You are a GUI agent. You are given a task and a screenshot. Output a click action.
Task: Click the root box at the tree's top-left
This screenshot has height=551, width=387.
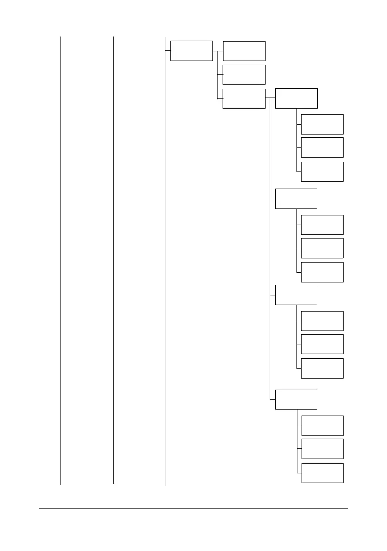(192, 50)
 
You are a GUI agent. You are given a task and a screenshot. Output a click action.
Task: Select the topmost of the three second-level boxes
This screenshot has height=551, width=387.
(244, 51)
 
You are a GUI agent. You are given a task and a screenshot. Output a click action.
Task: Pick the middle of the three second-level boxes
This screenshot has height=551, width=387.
(244, 74)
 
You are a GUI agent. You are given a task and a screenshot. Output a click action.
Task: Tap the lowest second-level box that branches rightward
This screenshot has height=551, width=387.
(244, 98)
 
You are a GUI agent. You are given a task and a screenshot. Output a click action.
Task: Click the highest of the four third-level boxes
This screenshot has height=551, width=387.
(296, 98)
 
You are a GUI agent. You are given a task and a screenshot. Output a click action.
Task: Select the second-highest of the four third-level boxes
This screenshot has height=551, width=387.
(296, 199)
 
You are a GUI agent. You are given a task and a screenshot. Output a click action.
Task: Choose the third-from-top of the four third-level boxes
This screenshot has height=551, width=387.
(296, 295)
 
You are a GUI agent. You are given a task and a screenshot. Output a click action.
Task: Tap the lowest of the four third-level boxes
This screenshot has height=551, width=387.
(296, 399)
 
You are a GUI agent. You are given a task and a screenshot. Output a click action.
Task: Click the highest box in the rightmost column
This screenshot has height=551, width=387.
(322, 124)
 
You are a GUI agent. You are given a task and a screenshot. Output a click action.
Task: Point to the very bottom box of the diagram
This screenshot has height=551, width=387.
(322, 473)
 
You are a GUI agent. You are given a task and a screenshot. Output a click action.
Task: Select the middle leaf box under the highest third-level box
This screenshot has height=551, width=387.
(322, 147)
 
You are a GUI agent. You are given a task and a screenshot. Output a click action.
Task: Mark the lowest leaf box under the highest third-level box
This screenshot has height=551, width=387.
(322, 171)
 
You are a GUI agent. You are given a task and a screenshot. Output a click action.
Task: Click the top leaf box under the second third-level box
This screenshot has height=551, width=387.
(322, 225)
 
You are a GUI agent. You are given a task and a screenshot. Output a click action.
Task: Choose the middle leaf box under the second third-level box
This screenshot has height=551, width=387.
(322, 248)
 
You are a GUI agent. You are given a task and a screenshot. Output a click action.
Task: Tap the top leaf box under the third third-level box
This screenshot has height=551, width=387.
(322, 321)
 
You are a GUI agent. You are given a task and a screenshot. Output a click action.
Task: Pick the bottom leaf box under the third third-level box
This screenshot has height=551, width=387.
(322, 368)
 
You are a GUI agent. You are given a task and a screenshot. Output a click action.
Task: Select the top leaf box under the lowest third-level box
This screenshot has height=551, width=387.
(322, 425)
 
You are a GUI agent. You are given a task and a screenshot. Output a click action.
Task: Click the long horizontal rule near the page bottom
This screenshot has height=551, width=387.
(193, 509)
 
